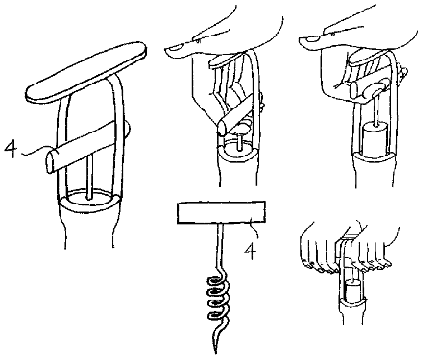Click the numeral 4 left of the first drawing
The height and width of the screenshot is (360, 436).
tap(11, 148)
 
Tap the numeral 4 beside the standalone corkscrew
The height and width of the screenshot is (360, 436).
tap(251, 252)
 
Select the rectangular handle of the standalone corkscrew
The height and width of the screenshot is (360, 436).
tap(221, 212)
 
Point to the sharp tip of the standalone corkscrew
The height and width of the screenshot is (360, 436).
tap(216, 352)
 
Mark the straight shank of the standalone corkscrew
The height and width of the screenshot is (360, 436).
tap(220, 247)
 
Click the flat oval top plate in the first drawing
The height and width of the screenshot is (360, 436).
tap(85, 72)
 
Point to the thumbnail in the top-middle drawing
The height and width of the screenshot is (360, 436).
tap(176, 48)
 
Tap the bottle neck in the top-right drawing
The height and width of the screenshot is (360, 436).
tap(374, 170)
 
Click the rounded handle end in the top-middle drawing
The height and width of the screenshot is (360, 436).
tap(222, 128)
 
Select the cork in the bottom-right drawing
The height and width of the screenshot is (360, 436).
tap(352, 291)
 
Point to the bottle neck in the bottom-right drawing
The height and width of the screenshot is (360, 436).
tap(352, 311)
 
